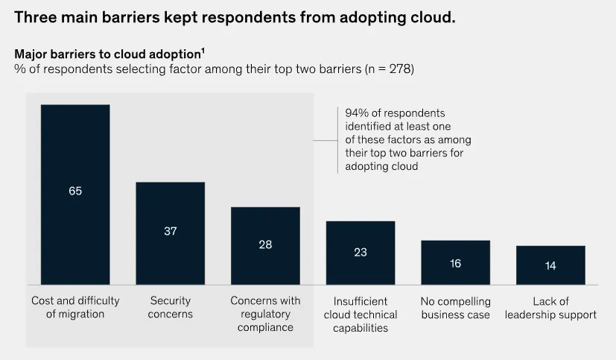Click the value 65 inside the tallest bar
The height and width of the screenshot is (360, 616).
(75, 191)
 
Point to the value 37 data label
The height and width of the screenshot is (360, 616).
(171, 231)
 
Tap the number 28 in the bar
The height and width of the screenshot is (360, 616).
(265, 244)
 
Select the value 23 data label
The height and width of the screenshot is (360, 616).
(361, 252)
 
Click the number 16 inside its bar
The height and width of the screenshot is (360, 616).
(455, 262)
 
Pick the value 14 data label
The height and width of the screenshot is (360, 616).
(550, 265)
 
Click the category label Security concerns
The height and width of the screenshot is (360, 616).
(171, 308)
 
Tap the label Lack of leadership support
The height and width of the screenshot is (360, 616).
(550, 308)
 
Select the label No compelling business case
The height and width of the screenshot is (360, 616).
(455, 308)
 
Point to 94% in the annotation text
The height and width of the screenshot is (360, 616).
(358, 113)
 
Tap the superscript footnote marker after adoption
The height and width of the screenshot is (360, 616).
(203, 51)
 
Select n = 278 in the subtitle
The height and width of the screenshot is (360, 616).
(387, 69)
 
